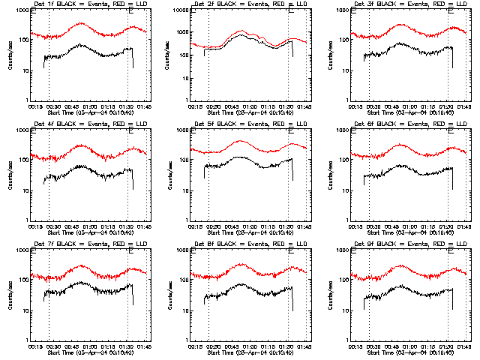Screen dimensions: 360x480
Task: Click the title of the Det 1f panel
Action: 82,4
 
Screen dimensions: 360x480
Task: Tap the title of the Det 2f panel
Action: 241,4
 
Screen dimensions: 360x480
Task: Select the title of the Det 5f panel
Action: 241,124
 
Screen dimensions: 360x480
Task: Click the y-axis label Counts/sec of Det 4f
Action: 8,175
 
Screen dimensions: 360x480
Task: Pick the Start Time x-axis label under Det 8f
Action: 241,353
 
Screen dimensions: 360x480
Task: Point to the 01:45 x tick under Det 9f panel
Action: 465,347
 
